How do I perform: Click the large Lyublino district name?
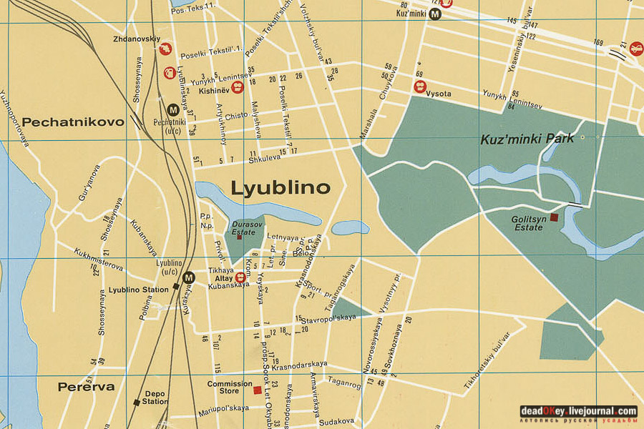[x=280, y=188]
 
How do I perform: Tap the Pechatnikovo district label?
[x=72, y=122]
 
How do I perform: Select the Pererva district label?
[x=86, y=387]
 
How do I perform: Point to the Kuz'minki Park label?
[x=527, y=139]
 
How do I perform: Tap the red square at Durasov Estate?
[x=239, y=237]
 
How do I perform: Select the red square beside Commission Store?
[x=257, y=390]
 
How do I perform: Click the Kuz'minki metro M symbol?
[x=435, y=14]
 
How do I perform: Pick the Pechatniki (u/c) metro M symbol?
[x=172, y=109]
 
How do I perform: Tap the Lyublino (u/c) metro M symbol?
[x=188, y=278]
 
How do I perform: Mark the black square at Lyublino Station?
[x=175, y=287]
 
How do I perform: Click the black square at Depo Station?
[x=136, y=402]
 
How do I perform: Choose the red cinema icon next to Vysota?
[x=419, y=87]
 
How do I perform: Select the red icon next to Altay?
[x=240, y=277]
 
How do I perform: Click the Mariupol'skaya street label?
[x=224, y=408]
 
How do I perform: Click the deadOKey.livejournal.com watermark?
[x=578, y=411]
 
